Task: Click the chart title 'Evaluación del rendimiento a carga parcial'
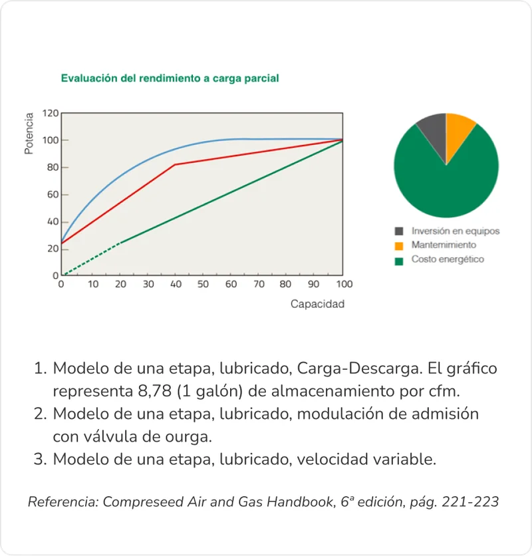tap(170, 78)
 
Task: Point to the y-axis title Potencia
tap(29, 134)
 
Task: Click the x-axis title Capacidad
tap(317, 304)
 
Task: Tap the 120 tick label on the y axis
tap(51, 113)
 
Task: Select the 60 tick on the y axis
tap(51, 195)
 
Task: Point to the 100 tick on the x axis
tap(343, 284)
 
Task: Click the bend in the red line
tap(174, 164)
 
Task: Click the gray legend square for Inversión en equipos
tap(399, 231)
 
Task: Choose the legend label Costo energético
tap(448, 259)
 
